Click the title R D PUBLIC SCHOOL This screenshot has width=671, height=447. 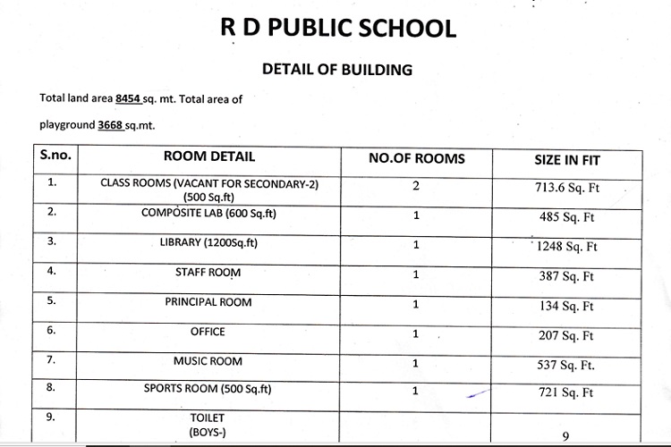pos(338,27)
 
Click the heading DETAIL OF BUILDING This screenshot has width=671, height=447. pos(336,68)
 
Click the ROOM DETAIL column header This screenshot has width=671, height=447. pos(209,157)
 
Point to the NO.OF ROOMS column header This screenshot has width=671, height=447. pos(417,158)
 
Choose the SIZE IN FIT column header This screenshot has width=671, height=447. pos(566,161)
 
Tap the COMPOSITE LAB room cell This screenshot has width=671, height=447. pos(209,213)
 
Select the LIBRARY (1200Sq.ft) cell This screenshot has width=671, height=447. pos(209,242)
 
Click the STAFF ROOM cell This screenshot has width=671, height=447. pos(208,272)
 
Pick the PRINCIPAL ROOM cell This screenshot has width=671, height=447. pos(208,302)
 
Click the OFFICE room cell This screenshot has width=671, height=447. pos(208,332)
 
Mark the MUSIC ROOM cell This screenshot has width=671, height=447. pos(208,361)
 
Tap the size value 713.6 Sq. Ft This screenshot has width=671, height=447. pos(565,188)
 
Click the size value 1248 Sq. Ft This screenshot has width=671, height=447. pos(566,247)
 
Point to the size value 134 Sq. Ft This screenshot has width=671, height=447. pos(566,307)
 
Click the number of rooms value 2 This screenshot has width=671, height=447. pos(416,185)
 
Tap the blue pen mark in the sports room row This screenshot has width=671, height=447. pos(479,392)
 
